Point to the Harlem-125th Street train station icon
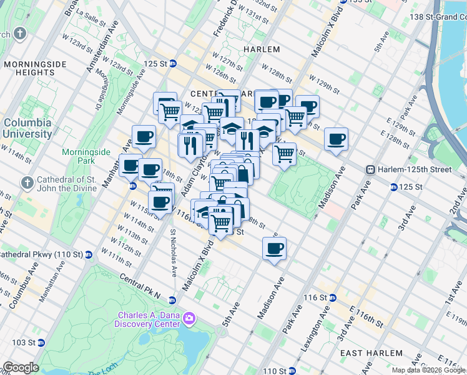click(370, 169)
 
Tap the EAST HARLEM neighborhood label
click(370, 353)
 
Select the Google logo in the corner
click(21, 367)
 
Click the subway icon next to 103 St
click(41, 342)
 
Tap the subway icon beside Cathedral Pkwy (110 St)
click(89, 255)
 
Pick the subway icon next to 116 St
click(332, 298)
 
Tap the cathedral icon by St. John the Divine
click(26, 183)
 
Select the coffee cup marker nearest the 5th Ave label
click(274, 248)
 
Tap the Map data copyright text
click(428, 370)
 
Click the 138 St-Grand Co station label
click(438, 17)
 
